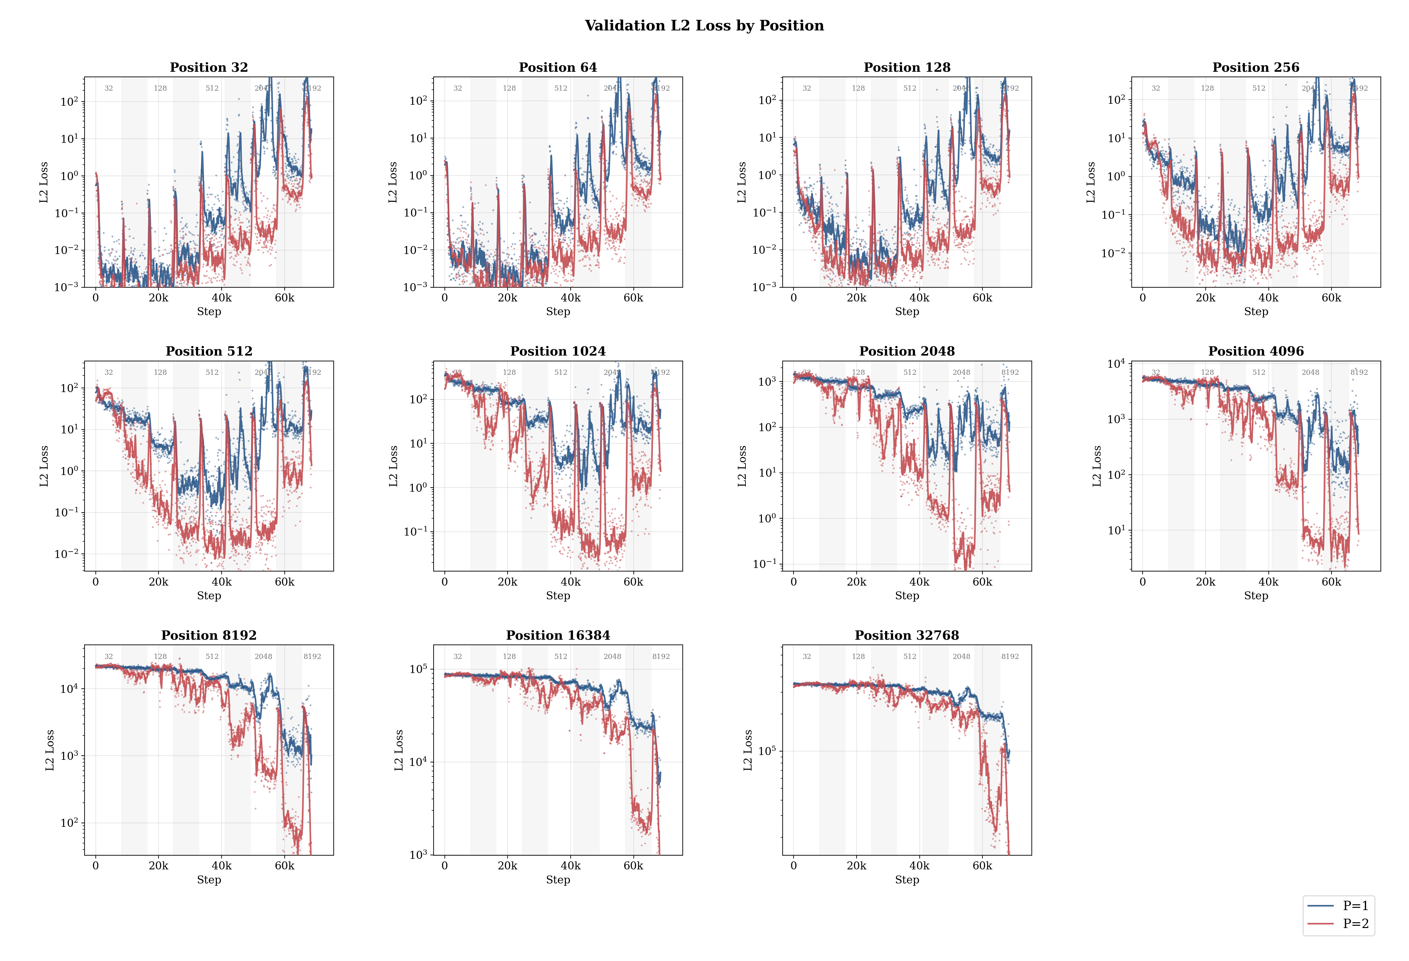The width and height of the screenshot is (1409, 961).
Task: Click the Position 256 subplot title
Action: point(1256,67)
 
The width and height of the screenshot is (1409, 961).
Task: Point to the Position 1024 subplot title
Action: point(558,351)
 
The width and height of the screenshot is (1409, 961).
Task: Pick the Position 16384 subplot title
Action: point(558,636)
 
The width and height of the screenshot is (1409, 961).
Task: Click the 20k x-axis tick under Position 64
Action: point(508,298)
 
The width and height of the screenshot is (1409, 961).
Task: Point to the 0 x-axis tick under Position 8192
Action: point(95,866)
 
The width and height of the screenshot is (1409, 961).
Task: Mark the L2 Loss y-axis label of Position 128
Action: point(741,182)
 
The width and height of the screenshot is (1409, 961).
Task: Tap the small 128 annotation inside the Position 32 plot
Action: point(160,88)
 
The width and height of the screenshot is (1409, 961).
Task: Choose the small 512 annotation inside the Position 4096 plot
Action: point(1258,372)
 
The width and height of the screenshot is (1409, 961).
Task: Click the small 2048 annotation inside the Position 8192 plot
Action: point(263,657)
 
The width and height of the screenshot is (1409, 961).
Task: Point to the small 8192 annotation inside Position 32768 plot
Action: point(1009,657)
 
